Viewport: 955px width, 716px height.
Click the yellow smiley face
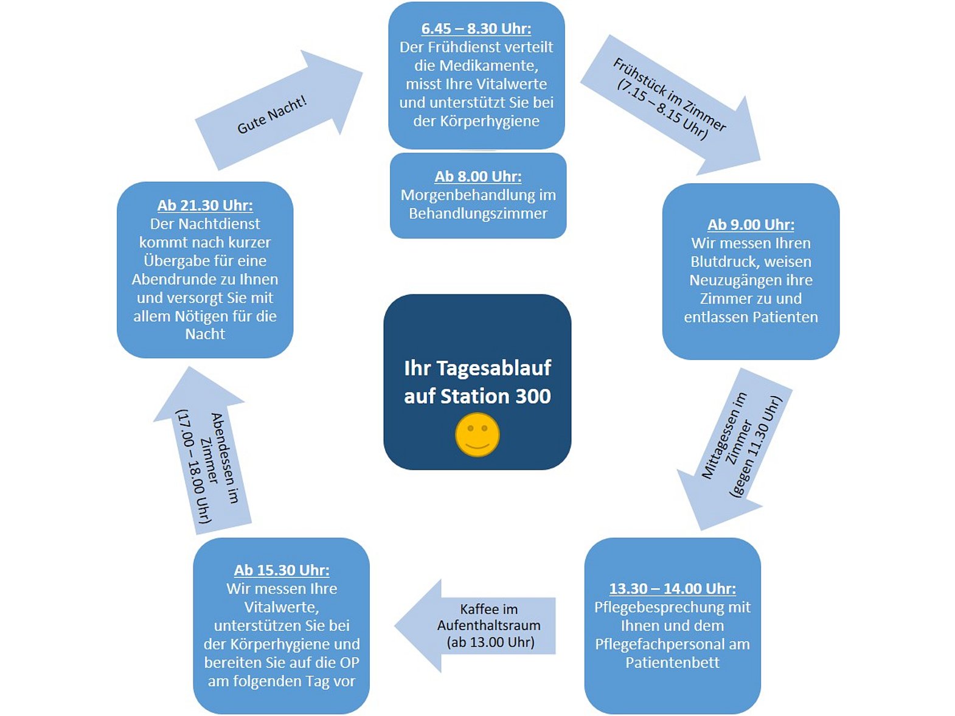(x=477, y=434)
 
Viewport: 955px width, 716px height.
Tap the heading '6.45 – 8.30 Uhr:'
(x=476, y=29)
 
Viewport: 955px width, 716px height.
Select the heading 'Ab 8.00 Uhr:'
(x=477, y=176)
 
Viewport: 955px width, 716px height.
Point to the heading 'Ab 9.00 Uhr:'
(x=751, y=224)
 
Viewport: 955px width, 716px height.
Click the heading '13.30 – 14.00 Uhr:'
(x=672, y=588)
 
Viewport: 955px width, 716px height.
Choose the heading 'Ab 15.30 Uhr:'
(x=282, y=570)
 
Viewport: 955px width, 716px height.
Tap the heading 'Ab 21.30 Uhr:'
(x=205, y=206)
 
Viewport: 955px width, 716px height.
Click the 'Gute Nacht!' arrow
(x=279, y=110)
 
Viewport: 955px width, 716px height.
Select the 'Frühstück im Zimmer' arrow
(x=670, y=105)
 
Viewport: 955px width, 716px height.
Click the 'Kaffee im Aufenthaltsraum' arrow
(x=475, y=625)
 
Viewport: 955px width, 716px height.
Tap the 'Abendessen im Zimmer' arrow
(x=203, y=450)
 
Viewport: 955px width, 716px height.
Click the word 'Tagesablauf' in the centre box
(x=493, y=369)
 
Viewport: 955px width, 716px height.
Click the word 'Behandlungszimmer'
(x=477, y=214)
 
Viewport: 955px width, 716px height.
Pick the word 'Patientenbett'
(x=672, y=662)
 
